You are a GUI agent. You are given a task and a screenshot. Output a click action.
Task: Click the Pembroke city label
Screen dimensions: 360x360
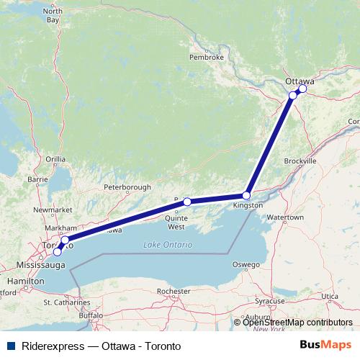(x=207, y=56)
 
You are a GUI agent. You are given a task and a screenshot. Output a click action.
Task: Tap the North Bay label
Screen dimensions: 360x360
(x=53, y=15)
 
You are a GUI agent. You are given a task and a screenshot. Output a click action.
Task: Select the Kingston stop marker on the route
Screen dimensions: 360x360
(x=246, y=195)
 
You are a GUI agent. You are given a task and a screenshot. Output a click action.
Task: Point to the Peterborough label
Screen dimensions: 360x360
(x=127, y=187)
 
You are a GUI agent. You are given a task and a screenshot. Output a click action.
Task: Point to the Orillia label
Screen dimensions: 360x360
(x=55, y=158)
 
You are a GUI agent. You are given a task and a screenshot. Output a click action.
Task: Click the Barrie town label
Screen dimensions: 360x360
(x=37, y=179)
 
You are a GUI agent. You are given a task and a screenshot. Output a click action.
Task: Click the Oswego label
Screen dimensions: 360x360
(x=246, y=264)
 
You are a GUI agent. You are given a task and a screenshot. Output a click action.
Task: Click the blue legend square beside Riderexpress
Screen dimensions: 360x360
(x=9, y=346)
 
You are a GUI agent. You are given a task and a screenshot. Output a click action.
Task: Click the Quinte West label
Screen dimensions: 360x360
(x=176, y=222)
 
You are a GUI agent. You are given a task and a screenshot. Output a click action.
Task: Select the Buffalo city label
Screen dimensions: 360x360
(x=91, y=315)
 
